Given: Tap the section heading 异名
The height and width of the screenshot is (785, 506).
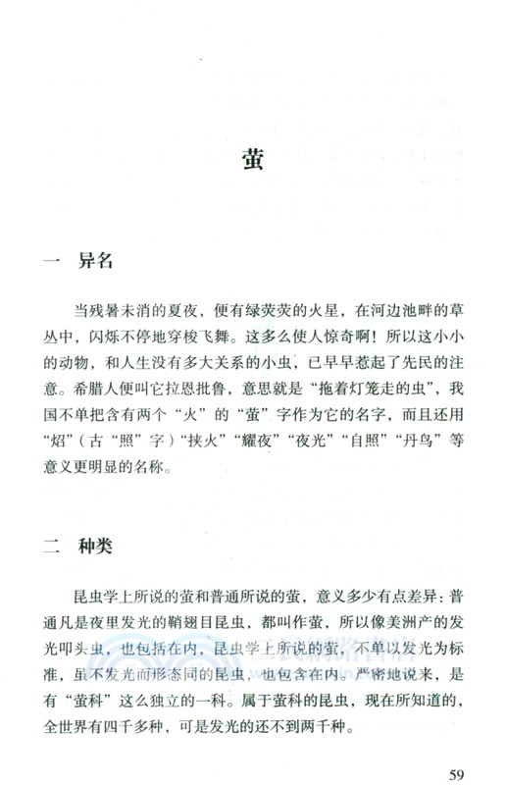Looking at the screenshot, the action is coord(97,261).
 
